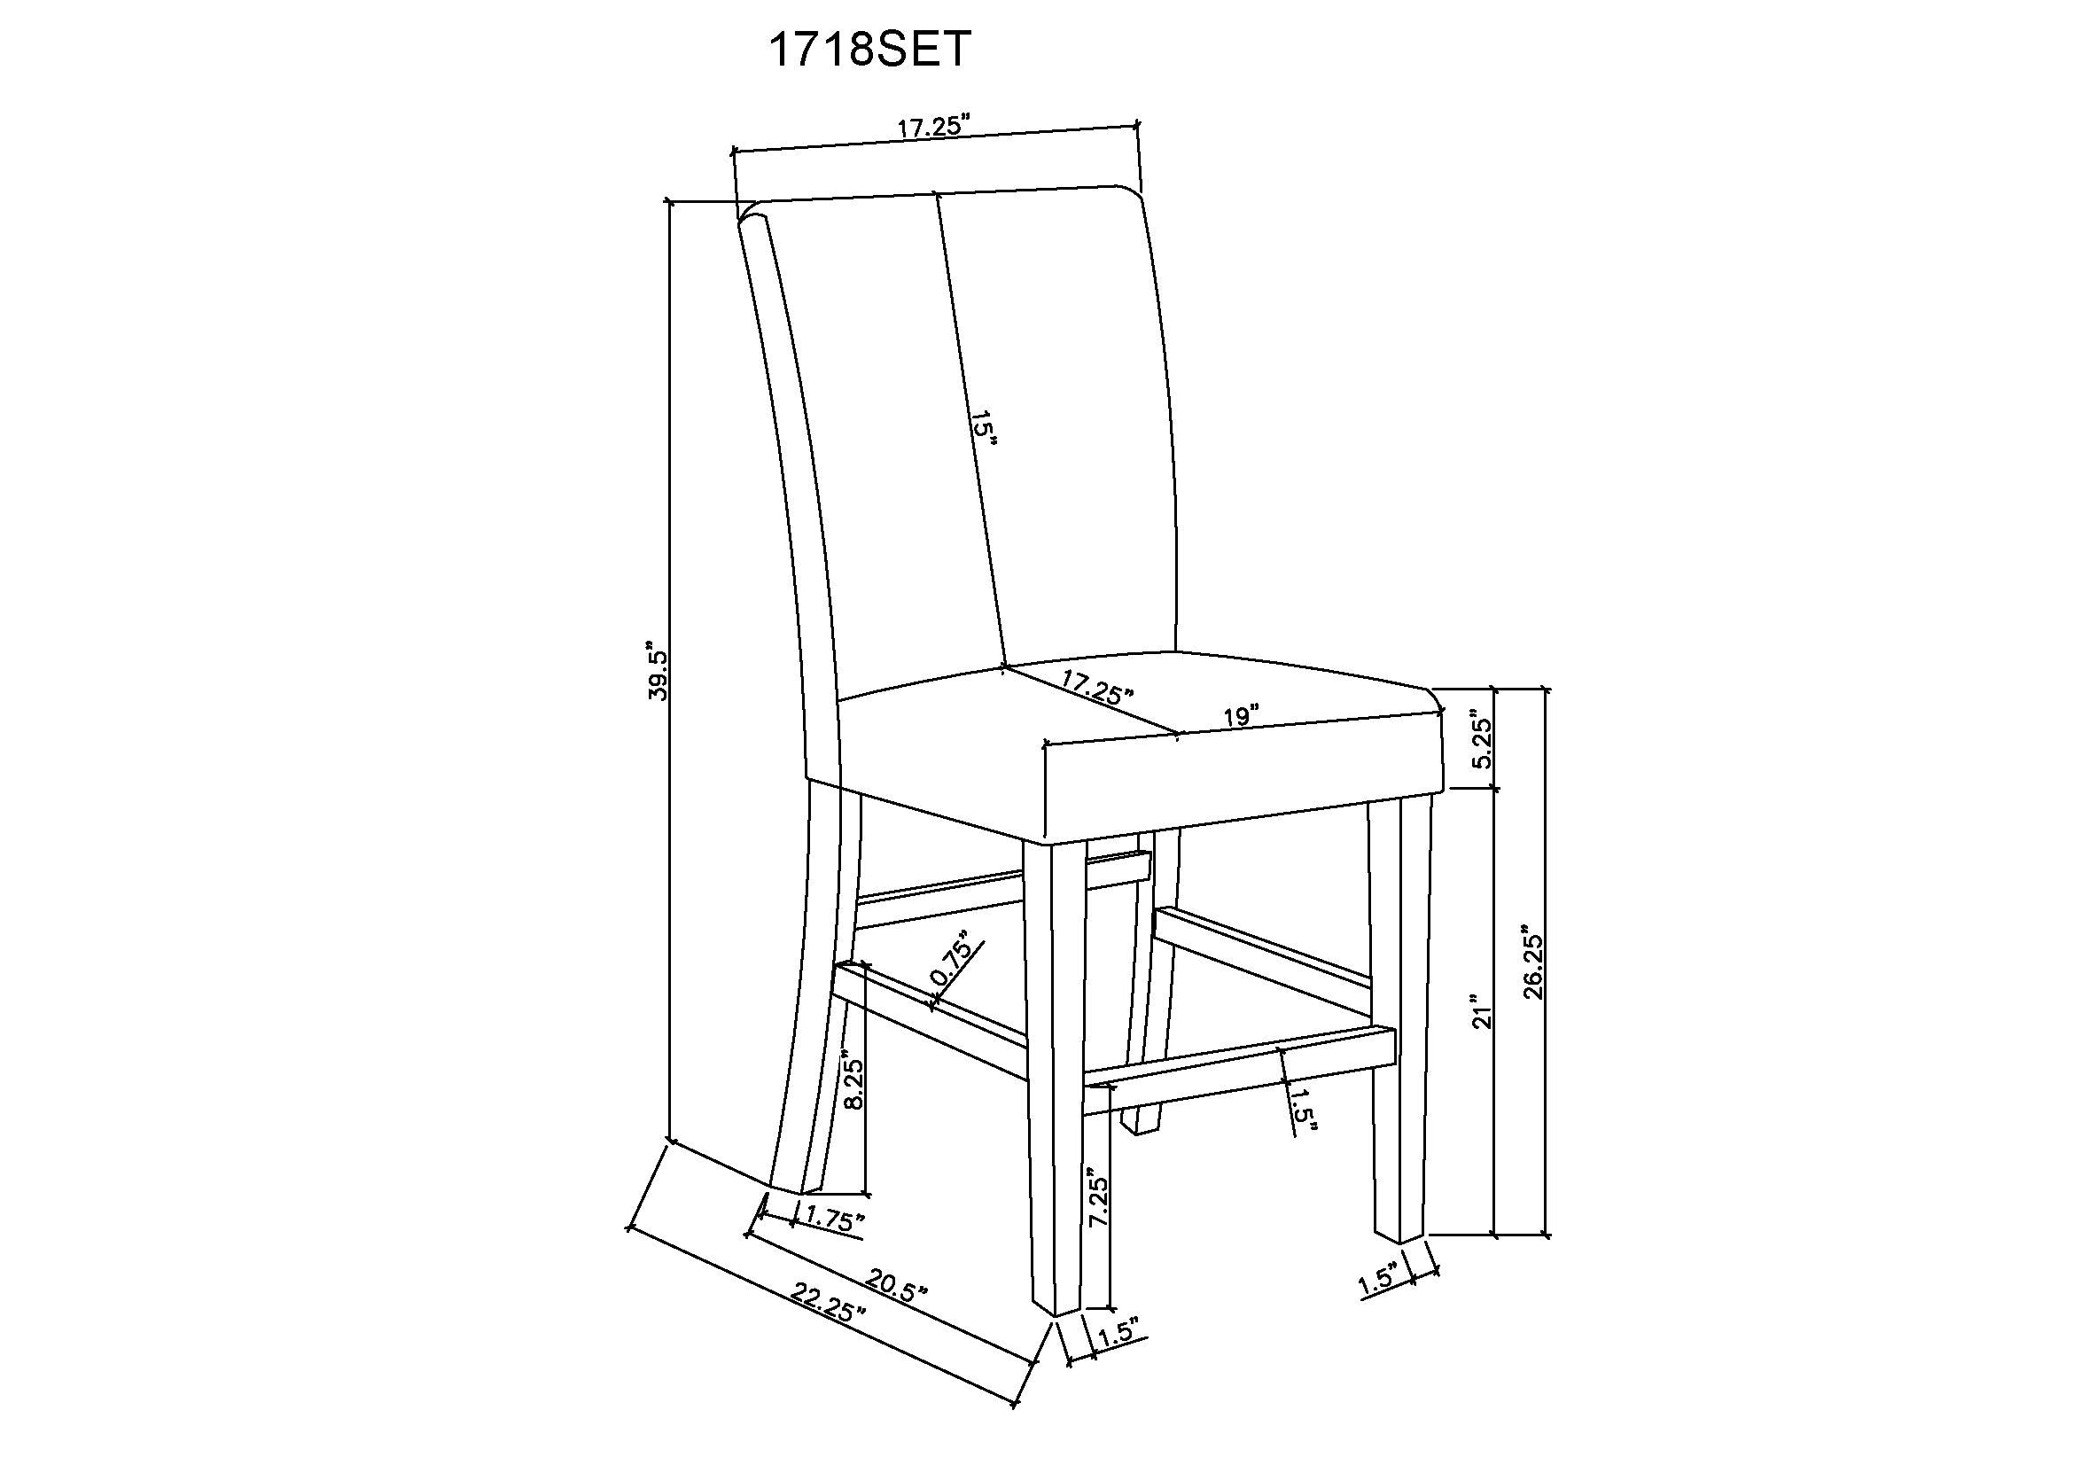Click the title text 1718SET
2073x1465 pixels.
[869, 49]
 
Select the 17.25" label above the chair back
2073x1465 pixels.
[932, 128]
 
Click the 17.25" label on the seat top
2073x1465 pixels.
[1097, 690]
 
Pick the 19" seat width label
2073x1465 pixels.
[1242, 717]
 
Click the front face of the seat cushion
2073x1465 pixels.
[1242, 783]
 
